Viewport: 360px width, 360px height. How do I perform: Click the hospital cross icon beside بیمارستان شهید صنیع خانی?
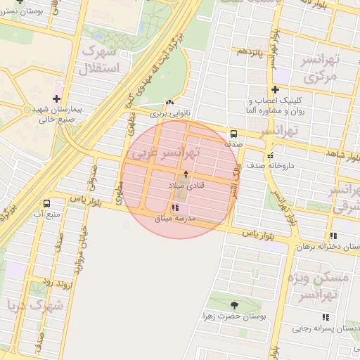[x=57, y=98]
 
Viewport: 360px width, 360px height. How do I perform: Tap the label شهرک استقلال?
[x=103, y=59]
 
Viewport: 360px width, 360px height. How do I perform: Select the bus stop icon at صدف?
[x=233, y=134]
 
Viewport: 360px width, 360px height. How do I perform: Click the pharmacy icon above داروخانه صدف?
[x=270, y=156]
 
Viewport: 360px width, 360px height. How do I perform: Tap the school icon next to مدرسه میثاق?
[x=175, y=207]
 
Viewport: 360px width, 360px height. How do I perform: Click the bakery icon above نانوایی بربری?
[x=169, y=102]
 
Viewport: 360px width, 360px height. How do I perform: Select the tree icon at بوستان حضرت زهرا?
[x=234, y=305]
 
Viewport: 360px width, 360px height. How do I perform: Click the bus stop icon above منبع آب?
[x=46, y=203]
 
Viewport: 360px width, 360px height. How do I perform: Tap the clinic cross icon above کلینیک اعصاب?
[x=275, y=89]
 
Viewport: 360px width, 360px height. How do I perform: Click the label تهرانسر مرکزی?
[x=316, y=68]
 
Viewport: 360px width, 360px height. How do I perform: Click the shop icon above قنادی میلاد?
[x=186, y=173]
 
